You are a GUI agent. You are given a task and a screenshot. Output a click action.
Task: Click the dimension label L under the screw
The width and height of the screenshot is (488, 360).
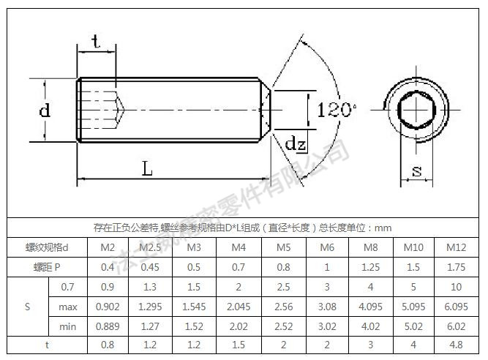click(147, 169)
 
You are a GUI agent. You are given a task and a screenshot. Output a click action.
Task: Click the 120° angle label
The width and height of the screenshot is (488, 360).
click(336, 110)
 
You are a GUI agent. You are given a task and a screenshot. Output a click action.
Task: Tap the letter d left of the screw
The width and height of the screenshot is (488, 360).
click(45, 111)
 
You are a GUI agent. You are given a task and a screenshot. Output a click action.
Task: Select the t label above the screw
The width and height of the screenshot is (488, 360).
click(97, 42)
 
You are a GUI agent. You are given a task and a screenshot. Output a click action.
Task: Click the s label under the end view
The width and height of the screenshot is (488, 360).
click(416, 171)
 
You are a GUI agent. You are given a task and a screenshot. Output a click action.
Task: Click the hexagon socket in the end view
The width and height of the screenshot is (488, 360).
click(416, 110)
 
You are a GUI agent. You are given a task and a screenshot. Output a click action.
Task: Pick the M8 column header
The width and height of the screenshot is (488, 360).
click(371, 247)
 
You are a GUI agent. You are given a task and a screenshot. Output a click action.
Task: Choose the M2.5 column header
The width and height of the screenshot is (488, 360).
click(149, 247)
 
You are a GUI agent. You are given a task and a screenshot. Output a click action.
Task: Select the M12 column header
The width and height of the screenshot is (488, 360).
click(456, 247)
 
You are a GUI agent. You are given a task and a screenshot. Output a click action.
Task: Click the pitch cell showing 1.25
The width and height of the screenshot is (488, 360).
click(371, 267)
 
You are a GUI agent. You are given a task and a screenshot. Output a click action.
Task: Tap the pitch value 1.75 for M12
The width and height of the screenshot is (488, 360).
click(456, 267)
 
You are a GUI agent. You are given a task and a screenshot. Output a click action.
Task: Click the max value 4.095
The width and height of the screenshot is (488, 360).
click(371, 306)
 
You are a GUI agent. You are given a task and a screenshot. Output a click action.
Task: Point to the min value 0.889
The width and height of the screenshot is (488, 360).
click(107, 326)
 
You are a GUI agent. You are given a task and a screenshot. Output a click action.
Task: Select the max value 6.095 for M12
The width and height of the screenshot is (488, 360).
click(456, 306)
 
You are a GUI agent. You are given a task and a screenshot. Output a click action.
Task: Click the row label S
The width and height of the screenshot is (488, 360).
click(27, 306)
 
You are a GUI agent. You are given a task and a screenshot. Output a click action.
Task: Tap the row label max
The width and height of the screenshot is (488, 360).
click(68, 306)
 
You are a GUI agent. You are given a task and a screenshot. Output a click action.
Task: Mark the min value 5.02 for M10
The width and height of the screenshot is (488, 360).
click(413, 326)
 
